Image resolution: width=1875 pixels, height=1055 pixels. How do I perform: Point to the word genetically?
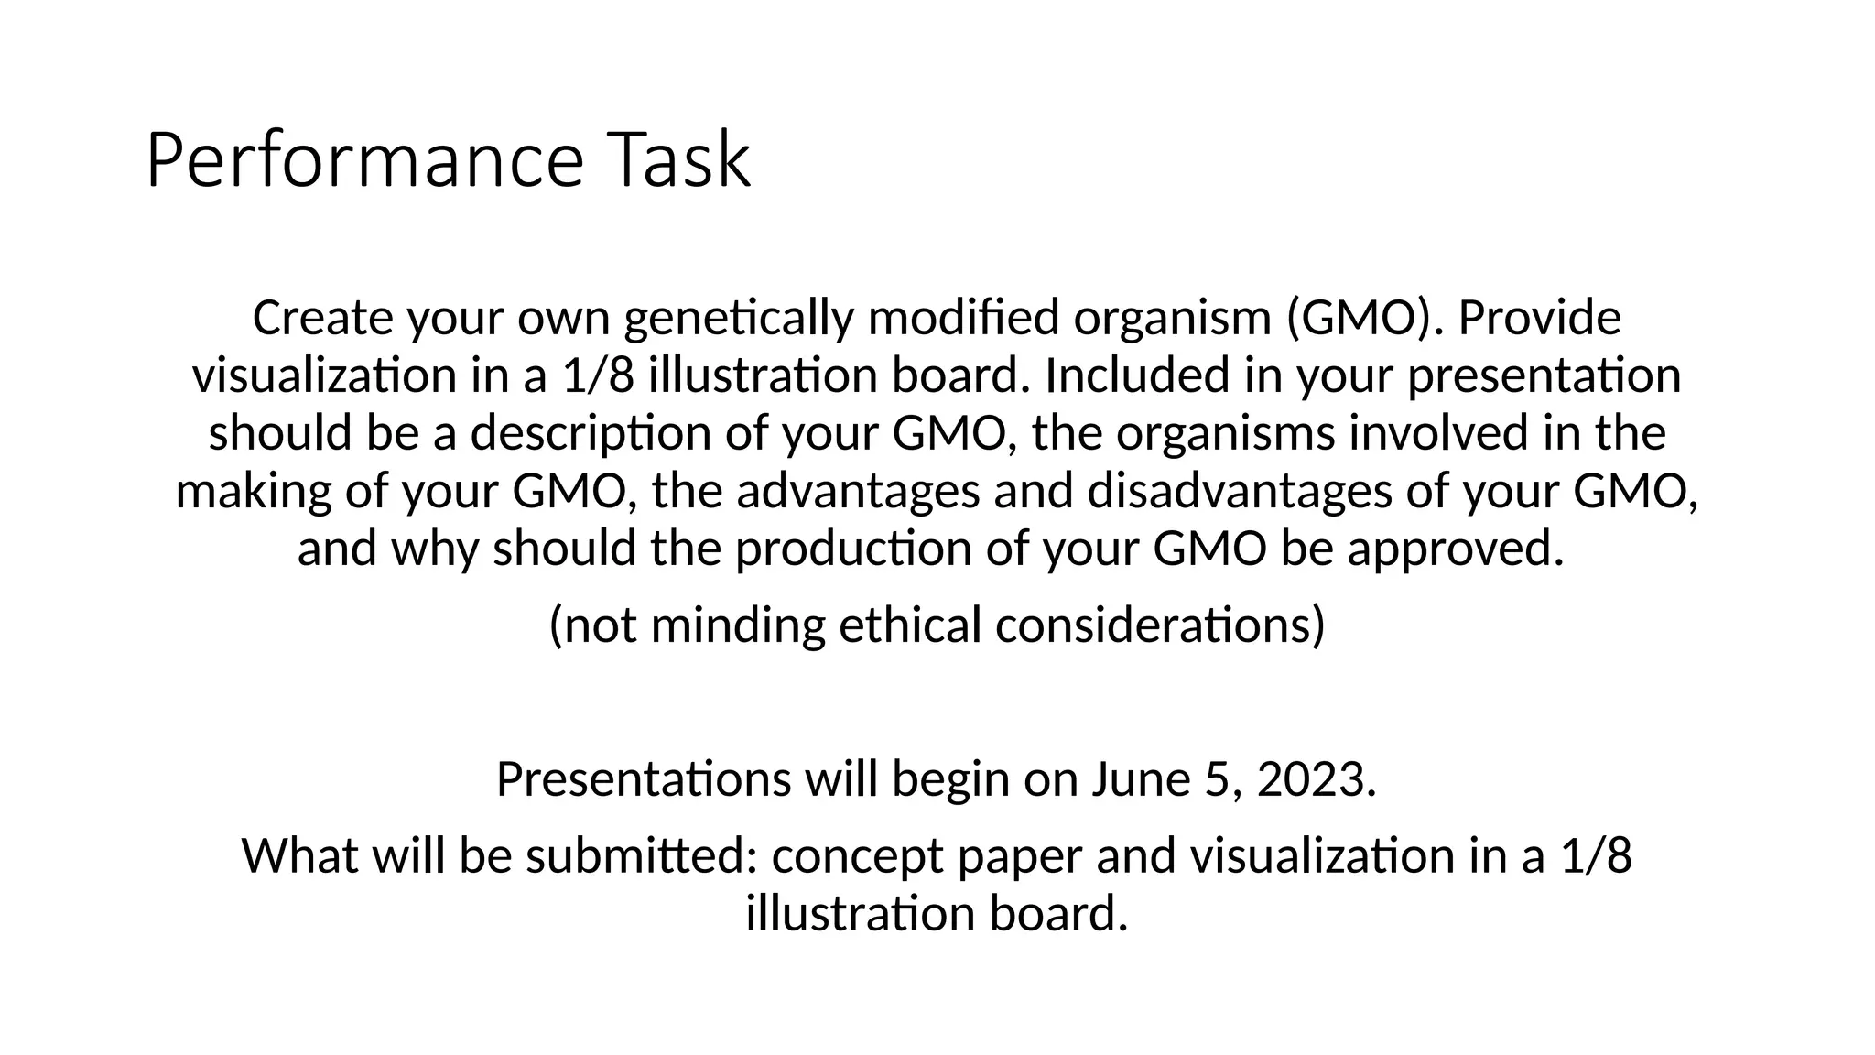click(x=738, y=320)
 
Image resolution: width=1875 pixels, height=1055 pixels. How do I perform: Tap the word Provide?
click(x=1539, y=318)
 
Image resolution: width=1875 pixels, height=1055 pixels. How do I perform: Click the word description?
click(x=591, y=434)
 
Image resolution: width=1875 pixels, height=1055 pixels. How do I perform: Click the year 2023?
click(x=1316, y=779)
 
